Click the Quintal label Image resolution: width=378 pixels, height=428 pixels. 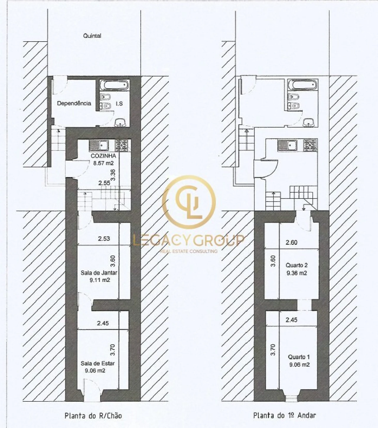pos(92,36)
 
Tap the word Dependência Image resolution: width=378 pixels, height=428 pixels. pos(74,103)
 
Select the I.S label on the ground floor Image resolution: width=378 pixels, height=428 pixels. pos(119,104)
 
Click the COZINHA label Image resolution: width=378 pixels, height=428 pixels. pos(103,156)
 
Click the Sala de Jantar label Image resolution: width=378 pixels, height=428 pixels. pos(99,273)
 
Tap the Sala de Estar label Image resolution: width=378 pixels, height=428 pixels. pos(98,363)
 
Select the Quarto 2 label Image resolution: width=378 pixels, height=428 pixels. pos(296,265)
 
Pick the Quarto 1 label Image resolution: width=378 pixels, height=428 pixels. pos(299,357)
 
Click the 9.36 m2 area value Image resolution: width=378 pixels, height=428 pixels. pos(297,273)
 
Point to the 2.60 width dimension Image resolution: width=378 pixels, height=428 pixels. pos(291,243)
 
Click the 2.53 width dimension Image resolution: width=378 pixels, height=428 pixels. pos(104,239)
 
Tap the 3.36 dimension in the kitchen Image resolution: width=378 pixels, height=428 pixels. pos(113,175)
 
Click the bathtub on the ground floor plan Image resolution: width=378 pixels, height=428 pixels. pos(114,85)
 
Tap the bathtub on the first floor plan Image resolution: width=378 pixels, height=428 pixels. pos(302,85)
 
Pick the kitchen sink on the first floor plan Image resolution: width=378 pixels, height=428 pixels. pos(287,145)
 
